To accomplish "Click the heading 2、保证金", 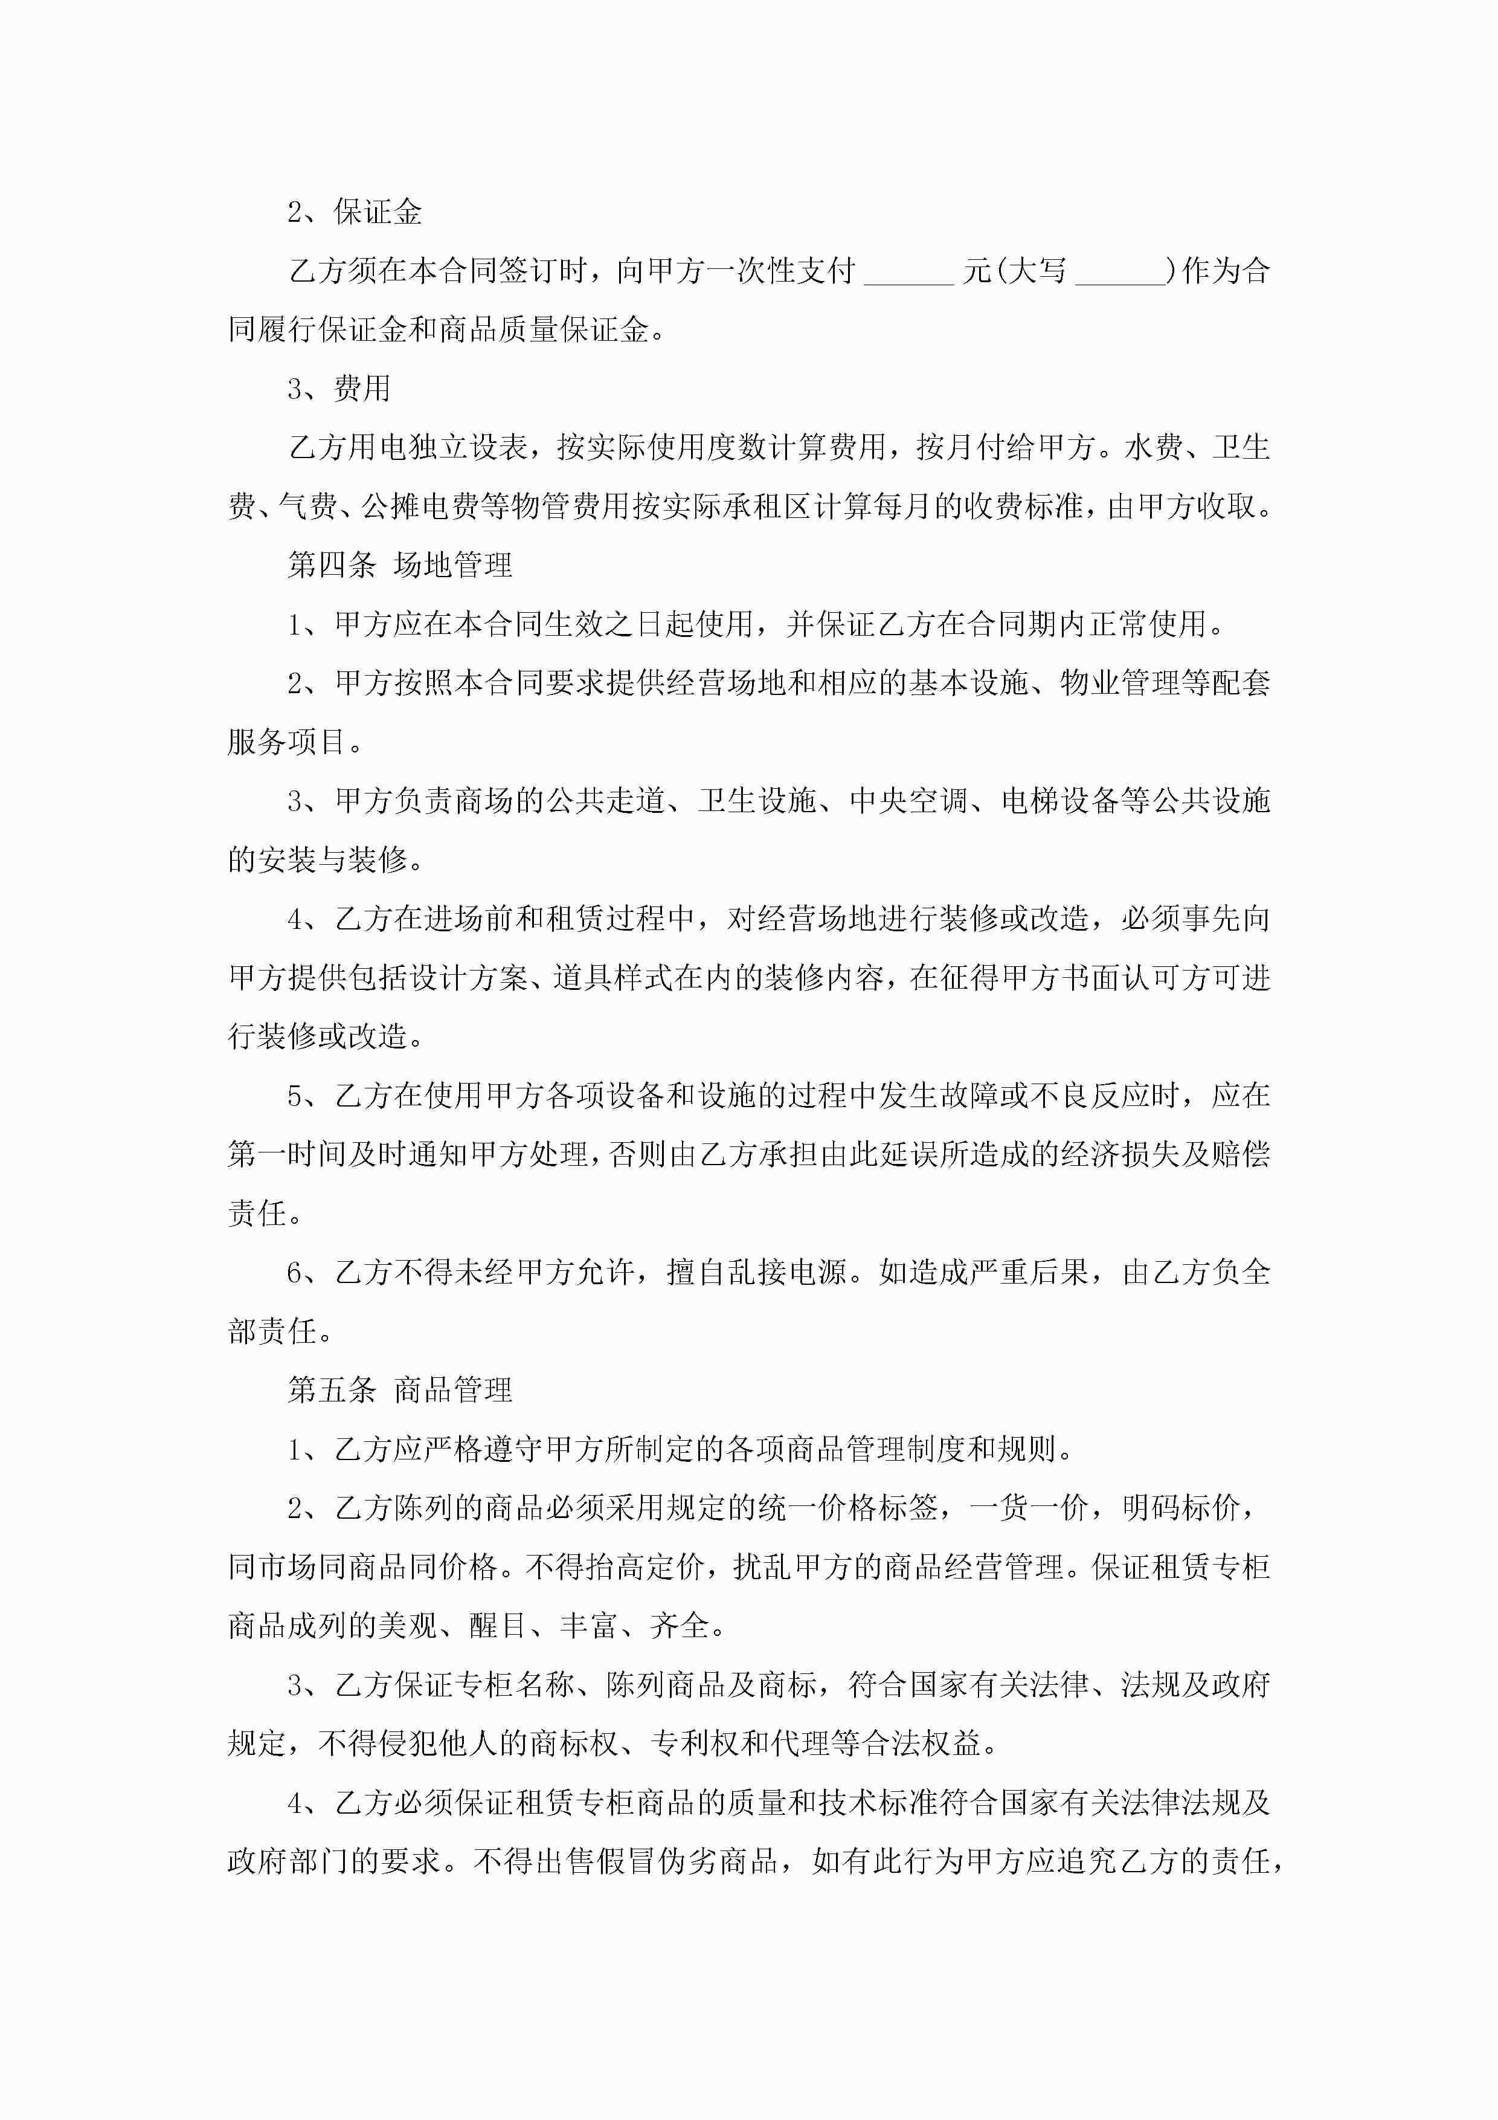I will (355, 212).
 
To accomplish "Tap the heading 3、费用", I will (339, 389).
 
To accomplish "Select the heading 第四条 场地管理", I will (400, 565).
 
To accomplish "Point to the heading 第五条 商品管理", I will (400, 1389).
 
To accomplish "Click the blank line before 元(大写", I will (909, 273).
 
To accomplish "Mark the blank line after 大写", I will (1122, 273).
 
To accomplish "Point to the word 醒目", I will (498, 1626).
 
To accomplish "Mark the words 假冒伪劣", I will (656, 1861).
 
